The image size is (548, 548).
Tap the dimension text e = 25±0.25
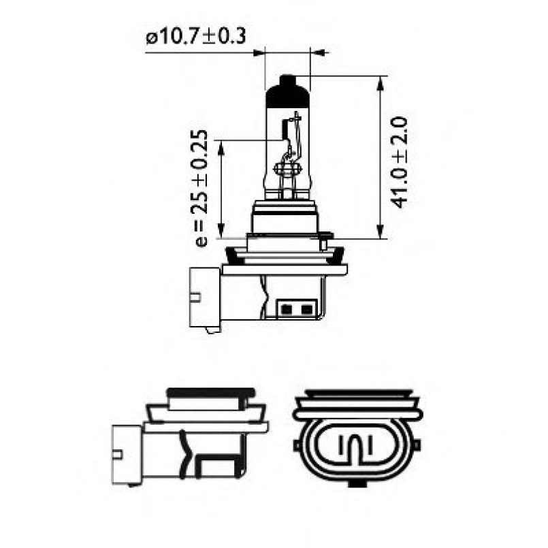tap(199, 187)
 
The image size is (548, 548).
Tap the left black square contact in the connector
tap(287, 310)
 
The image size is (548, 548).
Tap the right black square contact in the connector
tap(306, 310)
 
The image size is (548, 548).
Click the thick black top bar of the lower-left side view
tap(211, 393)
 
